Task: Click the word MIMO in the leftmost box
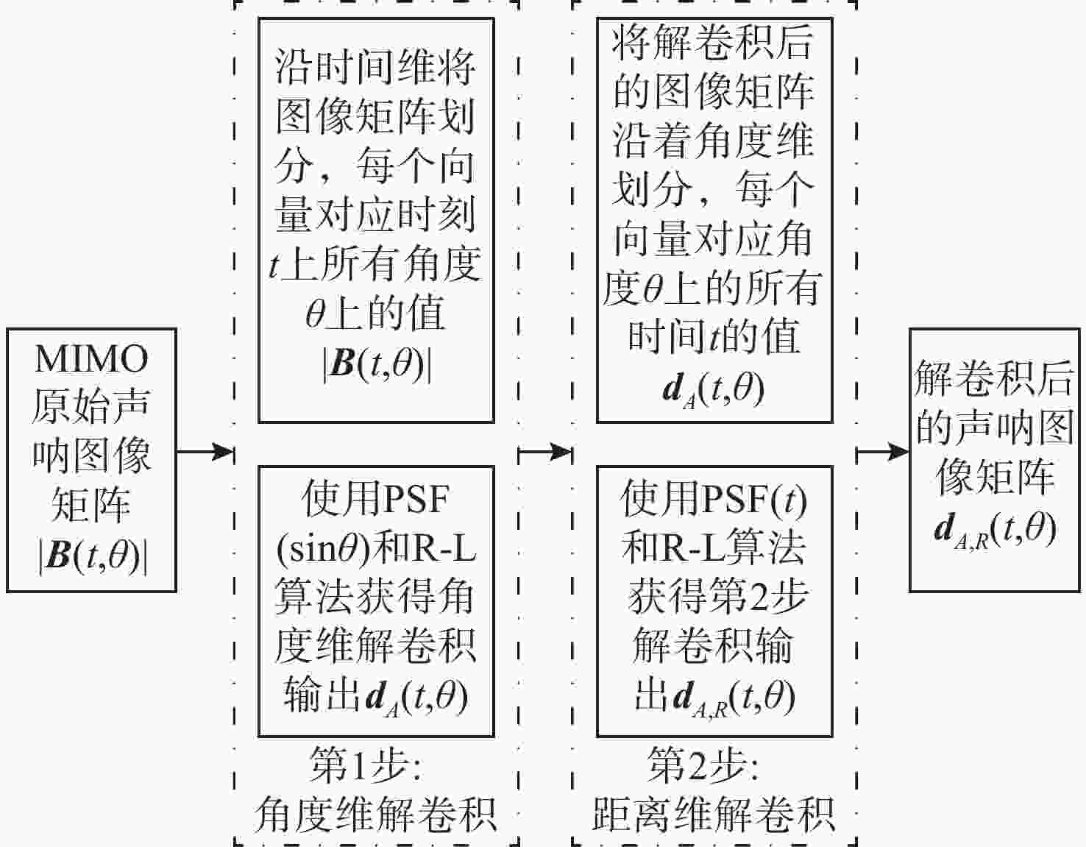coord(91,359)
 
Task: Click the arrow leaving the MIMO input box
coord(205,451)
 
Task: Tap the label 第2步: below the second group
coord(703,765)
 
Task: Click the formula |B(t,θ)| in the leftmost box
coord(92,556)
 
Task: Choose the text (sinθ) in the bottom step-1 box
coord(324,548)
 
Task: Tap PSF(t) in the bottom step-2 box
coord(755,500)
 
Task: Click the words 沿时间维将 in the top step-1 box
coord(375,67)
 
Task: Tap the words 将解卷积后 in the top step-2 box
coord(713,42)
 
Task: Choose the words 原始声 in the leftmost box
coord(91,407)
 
